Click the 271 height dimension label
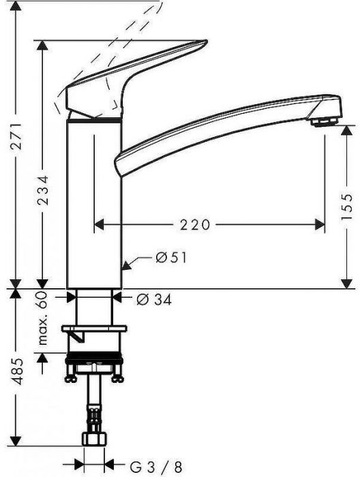tap(16, 145)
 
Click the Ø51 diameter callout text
tap(171, 258)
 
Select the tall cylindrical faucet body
tap(93, 204)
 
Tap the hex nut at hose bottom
tap(93, 455)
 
